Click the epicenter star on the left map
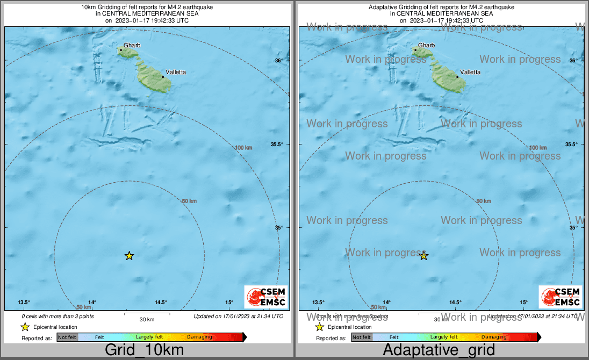click(x=129, y=256)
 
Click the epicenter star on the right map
click(x=423, y=256)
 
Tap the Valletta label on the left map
click(x=176, y=72)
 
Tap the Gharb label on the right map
click(x=426, y=46)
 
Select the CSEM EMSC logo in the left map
click(x=266, y=297)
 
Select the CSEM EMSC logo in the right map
click(x=561, y=297)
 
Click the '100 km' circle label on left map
click(x=243, y=147)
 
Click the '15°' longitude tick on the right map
click(x=523, y=303)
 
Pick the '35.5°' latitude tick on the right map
click(x=571, y=145)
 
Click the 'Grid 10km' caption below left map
click(x=144, y=350)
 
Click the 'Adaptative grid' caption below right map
click(x=439, y=350)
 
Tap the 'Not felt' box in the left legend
click(x=67, y=337)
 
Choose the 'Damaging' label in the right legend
click(x=493, y=337)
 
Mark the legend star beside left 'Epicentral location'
click(x=25, y=327)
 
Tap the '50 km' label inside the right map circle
click(x=484, y=200)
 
